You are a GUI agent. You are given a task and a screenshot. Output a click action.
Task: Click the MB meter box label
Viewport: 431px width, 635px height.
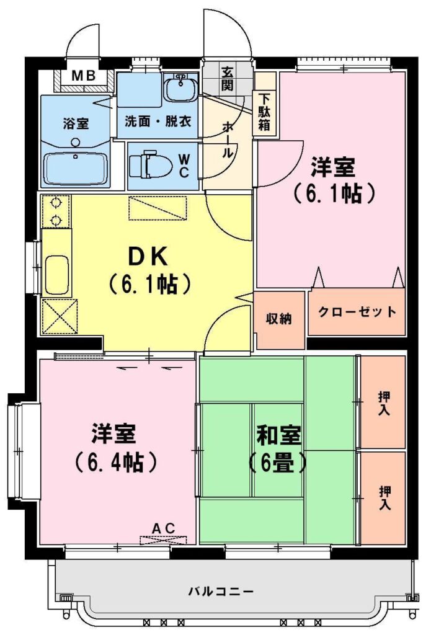(84, 75)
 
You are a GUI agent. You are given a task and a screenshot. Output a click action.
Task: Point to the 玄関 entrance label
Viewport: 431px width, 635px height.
(227, 79)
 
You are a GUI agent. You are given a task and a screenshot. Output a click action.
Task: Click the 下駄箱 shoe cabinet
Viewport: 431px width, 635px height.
(265, 112)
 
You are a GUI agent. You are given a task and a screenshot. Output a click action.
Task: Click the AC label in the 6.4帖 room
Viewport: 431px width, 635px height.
(164, 528)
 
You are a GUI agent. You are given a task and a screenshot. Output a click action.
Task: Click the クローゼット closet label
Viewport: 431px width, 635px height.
(357, 312)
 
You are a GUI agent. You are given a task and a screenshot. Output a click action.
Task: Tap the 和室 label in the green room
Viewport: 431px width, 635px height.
(279, 435)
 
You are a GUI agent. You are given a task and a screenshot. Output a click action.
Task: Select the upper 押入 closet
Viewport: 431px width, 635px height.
(383, 402)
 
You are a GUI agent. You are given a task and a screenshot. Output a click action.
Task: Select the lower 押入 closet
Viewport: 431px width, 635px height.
(383, 498)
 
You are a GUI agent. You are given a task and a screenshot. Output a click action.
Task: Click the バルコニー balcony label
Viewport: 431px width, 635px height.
(221, 592)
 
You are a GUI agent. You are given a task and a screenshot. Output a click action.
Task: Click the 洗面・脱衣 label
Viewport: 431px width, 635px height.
(158, 121)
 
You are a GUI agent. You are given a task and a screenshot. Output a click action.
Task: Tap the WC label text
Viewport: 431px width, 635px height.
(184, 165)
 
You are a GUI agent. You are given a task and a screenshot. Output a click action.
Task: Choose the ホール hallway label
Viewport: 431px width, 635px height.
(228, 141)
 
